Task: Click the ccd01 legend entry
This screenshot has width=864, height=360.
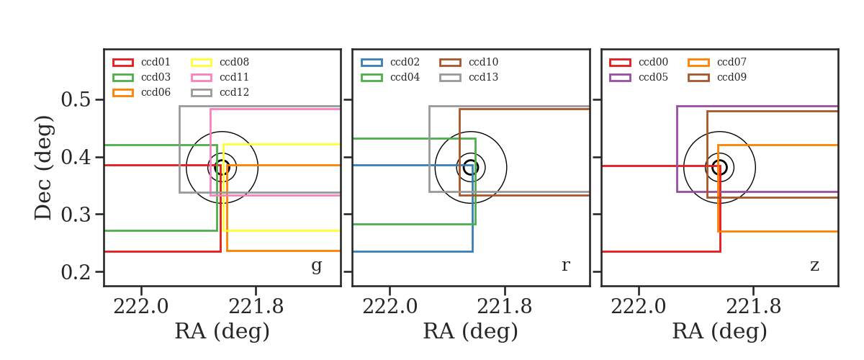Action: [141, 62]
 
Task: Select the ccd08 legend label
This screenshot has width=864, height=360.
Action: [234, 62]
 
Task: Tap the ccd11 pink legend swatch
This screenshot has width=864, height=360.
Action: [202, 78]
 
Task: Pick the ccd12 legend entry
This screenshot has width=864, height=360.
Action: [220, 93]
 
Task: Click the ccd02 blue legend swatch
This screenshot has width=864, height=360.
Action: [372, 63]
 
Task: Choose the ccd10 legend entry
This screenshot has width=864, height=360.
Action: [469, 62]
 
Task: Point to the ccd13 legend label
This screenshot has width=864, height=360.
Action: [483, 77]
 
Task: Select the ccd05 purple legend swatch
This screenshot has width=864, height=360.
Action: [620, 78]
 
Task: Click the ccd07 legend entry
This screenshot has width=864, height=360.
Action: [717, 62]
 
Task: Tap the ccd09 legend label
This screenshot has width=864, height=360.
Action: [732, 77]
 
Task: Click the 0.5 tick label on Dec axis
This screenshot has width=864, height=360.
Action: [76, 99]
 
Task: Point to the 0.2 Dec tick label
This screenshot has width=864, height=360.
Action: [76, 272]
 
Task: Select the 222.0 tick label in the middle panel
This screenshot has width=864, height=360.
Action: [390, 307]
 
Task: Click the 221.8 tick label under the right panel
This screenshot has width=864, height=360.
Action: [753, 307]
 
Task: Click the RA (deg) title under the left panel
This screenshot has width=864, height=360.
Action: [222, 331]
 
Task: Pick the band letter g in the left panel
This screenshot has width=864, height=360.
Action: [317, 266]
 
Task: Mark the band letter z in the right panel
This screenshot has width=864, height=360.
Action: [814, 266]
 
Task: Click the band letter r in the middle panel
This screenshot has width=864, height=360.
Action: [565, 266]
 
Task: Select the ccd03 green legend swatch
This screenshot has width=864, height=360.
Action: [123, 78]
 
